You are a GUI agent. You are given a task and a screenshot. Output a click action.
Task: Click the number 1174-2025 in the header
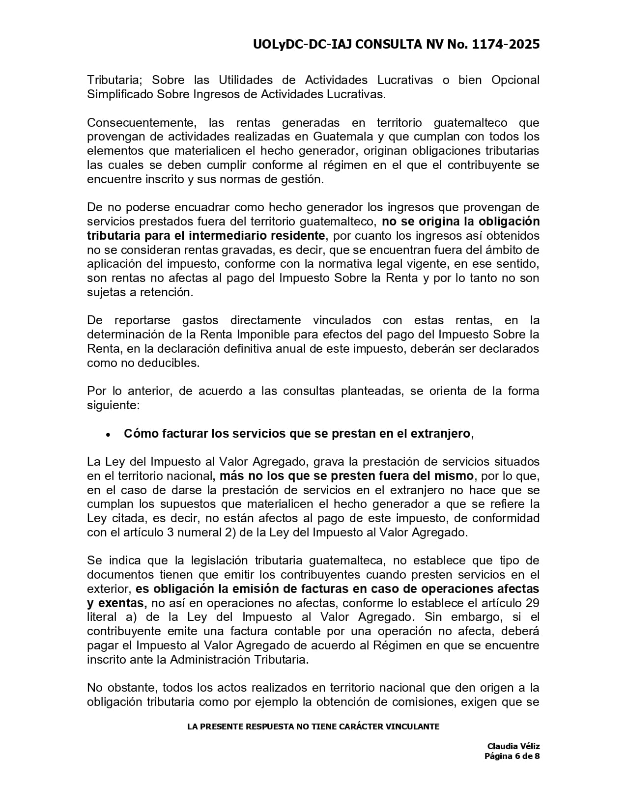pyautogui.click(x=505, y=45)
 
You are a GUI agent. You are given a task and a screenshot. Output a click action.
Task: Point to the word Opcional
pyautogui.click(x=515, y=80)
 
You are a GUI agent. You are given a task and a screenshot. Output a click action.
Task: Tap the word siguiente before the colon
pyautogui.click(x=112, y=406)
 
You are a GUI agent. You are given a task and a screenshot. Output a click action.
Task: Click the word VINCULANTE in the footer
pyautogui.click(x=412, y=727)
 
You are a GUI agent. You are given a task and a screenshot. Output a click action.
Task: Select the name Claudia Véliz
pyautogui.click(x=513, y=747)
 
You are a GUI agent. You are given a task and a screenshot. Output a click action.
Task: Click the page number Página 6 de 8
pyautogui.click(x=512, y=756)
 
